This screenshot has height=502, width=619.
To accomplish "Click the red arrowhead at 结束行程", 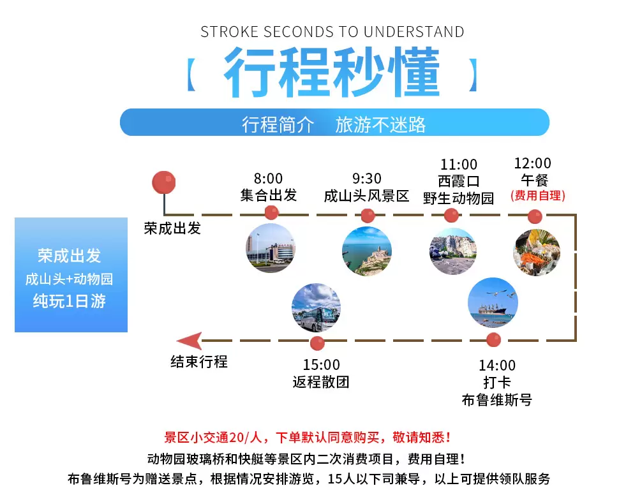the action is coord(189,341).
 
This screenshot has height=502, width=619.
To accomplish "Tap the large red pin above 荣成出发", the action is coord(164,182).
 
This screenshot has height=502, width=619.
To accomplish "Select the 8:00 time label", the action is coord(268,179).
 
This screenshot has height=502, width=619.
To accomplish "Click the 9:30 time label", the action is coord(367,179).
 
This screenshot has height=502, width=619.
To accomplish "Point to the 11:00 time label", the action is coord(459,164).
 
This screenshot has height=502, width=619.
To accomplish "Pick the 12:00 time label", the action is coord(533,163).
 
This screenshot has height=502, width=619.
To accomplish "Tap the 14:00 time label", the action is coord(497,365).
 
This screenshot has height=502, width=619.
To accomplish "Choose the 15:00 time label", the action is coord(322,365).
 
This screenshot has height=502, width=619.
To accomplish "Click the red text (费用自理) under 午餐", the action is coord(538,195).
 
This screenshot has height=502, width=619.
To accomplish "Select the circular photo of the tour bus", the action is coord(317,308).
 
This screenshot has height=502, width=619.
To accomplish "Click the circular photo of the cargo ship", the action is coord(493,303).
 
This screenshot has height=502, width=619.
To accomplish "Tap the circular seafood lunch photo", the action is coord(537,252).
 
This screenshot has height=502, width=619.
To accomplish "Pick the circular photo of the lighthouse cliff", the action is coord(367,251).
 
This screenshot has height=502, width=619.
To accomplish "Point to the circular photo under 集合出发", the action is coord(271,248).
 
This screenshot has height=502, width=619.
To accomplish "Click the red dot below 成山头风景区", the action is coord(368,216).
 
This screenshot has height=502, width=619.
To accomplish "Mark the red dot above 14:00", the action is coord(493,340).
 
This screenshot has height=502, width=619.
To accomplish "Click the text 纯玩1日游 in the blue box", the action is coord(70,301).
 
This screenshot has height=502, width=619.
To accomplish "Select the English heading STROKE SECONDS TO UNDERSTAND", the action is coord(332,32).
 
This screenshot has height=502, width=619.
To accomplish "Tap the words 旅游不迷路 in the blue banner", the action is coord(380,125).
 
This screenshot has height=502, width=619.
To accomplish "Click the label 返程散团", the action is coord(321,382).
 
